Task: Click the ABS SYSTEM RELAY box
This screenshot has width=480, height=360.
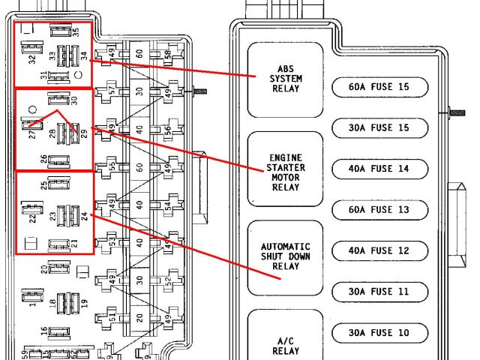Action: pos(285,79)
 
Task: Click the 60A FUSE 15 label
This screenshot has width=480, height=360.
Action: pos(379,87)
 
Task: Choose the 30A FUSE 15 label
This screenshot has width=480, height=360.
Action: pos(379,128)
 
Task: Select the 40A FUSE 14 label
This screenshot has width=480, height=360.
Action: pos(379,169)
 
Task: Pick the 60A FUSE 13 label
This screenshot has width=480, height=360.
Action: pos(379,210)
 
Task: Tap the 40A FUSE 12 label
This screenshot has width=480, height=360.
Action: pos(379,250)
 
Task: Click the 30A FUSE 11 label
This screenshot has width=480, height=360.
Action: pos(379,292)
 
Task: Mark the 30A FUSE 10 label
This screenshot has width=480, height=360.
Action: pos(379,332)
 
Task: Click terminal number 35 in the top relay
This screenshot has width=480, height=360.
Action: pos(75,32)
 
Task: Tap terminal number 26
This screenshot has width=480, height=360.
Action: pos(43,160)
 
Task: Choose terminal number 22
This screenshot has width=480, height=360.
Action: pos(32,217)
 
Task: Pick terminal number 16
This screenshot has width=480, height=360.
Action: pos(43,331)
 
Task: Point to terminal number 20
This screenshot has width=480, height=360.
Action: pos(43,268)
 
